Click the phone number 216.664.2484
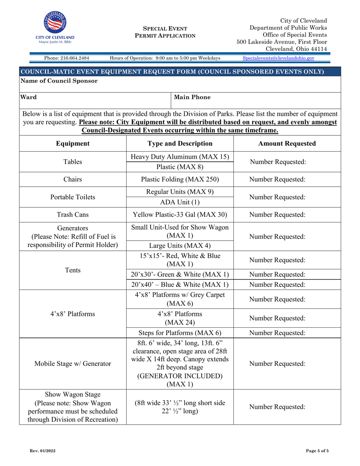[67, 58]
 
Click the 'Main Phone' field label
[192, 97]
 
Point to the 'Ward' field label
[28, 97]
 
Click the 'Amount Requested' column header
[287, 144]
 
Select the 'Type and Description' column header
[180, 144]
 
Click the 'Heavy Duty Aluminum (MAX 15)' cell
[180, 157]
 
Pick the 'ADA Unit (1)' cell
[180, 202]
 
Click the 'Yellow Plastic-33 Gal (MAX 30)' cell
[180, 215]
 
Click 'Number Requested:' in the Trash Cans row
[277, 215]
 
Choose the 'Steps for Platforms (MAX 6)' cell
[180, 333]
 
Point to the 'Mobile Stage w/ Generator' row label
[73, 364]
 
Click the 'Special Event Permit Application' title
[165, 32]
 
